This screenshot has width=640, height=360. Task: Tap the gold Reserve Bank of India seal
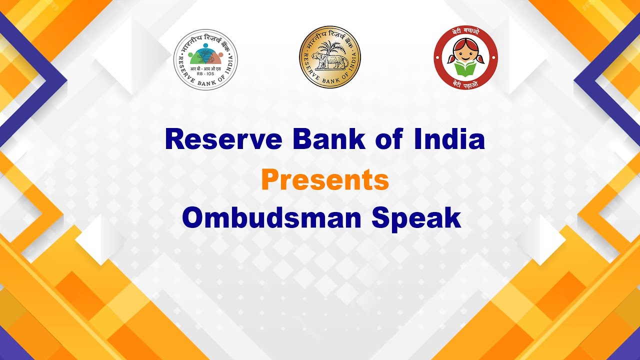click(x=329, y=57)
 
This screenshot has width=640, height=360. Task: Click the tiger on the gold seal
click(x=328, y=63)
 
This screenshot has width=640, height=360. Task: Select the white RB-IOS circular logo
click(x=205, y=59)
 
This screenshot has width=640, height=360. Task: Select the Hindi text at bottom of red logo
click(x=465, y=83)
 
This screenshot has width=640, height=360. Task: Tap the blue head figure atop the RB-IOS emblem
click(x=205, y=46)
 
